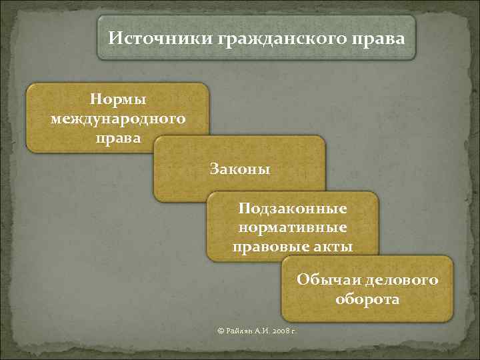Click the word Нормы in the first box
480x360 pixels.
118,99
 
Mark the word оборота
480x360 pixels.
367,299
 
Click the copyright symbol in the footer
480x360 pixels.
221,331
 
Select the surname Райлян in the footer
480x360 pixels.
240,331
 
